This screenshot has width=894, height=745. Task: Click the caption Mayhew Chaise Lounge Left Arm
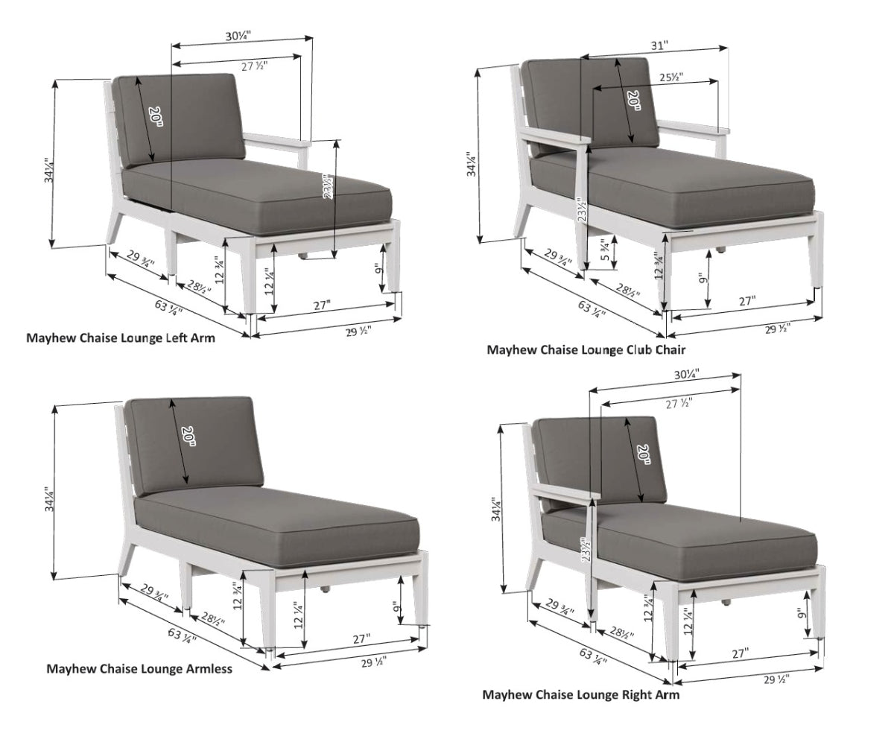tap(121, 337)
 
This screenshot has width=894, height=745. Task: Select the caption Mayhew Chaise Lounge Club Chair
tap(586, 349)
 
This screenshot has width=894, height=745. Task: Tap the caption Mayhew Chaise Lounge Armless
tap(139, 668)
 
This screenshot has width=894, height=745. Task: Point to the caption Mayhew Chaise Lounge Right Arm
tap(581, 694)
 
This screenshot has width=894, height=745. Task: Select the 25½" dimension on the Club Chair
tap(671, 77)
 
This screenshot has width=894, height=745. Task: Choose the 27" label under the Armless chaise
tap(361, 638)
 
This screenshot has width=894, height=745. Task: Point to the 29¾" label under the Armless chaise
tap(150, 594)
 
